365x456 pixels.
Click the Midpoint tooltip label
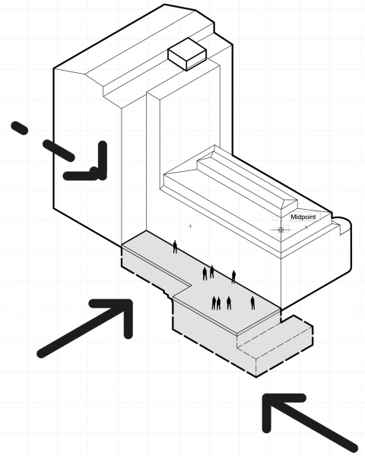pyautogui.click(x=303, y=217)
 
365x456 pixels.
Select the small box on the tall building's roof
pyautogui.click(x=187, y=54)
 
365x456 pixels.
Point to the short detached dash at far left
pyautogui.click(x=20, y=128)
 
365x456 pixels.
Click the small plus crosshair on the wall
pyautogui.click(x=190, y=226)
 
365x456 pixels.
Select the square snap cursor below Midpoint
pyautogui.click(x=281, y=230)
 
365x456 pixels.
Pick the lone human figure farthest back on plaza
pyautogui.click(x=175, y=246)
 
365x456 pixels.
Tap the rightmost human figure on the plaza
pyautogui.click(x=252, y=303)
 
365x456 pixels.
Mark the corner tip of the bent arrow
pyautogui.click(x=102, y=175)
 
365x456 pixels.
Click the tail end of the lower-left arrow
pyautogui.click(x=42, y=353)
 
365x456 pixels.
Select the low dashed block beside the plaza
pyautogui.click(x=275, y=345)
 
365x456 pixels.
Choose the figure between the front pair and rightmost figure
pyautogui.click(x=229, y=303)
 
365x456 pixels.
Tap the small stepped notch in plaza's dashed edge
pyautogui.click(x=168, y=296)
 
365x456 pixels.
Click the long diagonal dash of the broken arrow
pyautogui.click(x=59, y=150)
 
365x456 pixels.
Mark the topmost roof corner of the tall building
pyautogui.click(x=165, y=5)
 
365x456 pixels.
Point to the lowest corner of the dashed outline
pyautogui.click(x=256, y=377)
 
